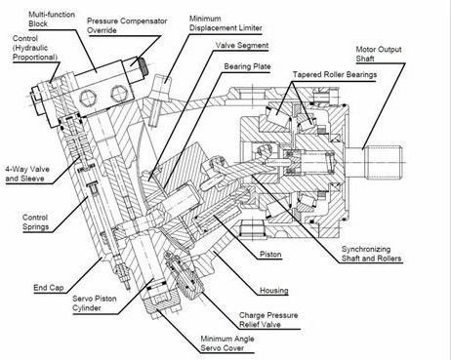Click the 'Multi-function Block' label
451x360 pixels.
(x=52, y=19)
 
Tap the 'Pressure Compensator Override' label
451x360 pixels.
(x=127, y=25)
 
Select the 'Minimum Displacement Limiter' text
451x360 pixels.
(x=225, y=23)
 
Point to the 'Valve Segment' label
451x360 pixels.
(x=242, y=46)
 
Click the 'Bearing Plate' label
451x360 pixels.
(x=247, y=66)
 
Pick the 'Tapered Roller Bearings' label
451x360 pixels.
(x=335, y=75)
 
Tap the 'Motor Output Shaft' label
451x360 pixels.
(x=379, y=54)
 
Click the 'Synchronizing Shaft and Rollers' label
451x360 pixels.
(x=371, y=254)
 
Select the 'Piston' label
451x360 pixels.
(x=270, y=255)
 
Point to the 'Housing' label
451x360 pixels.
(x=274, y=291)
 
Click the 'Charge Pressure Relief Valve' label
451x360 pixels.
(x=268, y=320)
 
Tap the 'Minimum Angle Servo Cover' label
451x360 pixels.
(x=227, y=343)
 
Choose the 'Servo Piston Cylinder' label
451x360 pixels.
(x=95, y=303)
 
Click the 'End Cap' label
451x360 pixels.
(x=49, y=288)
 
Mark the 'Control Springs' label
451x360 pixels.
(x=35, y=222)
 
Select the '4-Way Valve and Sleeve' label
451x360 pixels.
(x=27, y=174)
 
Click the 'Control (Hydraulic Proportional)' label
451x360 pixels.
(x=35, y=48)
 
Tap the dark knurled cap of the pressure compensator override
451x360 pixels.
(x=143, y=66)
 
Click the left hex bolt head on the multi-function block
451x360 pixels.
(x=88, y=98)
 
